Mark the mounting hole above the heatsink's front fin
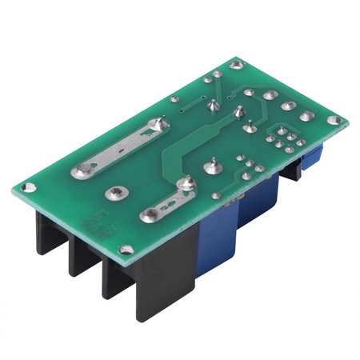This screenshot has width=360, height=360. click(124, 254)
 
